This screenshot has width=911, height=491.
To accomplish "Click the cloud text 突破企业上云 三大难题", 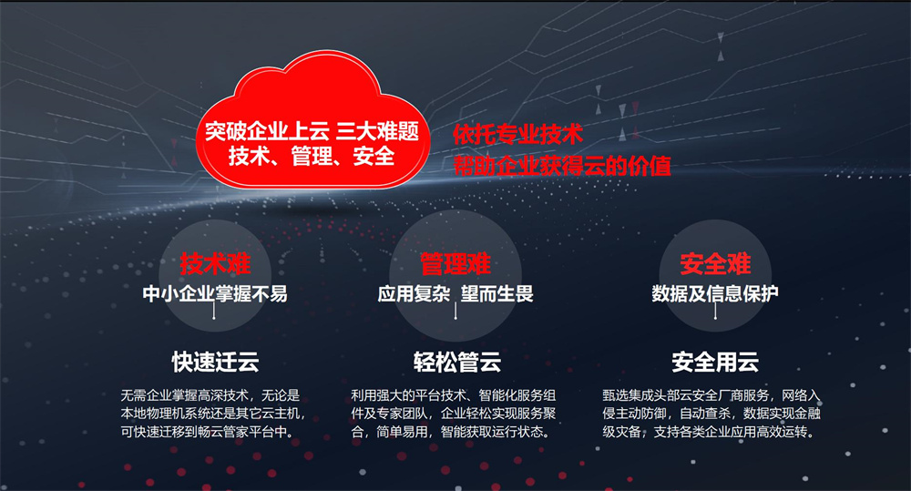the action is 312,132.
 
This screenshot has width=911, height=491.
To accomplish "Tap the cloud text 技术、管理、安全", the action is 312,156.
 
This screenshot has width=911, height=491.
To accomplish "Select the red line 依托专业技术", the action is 517,134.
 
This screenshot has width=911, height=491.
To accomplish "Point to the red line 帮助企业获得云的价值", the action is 562,166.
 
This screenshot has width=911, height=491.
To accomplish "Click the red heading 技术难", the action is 215,264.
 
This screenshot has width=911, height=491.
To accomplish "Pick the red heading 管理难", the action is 455,264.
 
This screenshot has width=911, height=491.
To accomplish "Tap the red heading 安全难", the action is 715,264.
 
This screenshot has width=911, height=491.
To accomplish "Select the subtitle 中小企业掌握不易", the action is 215,293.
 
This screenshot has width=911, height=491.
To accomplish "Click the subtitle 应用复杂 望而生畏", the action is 455,293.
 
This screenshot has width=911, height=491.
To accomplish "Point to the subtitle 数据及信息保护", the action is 715,293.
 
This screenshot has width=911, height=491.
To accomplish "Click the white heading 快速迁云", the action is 215,362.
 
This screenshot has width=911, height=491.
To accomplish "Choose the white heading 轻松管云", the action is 456,362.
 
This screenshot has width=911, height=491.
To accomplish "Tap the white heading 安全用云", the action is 715,362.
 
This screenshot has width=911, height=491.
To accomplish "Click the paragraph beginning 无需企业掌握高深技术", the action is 213,414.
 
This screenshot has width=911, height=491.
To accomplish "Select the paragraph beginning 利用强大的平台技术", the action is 453,414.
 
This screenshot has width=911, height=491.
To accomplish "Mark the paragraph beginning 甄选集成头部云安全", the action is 711,414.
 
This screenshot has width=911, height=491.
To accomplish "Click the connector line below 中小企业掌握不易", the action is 214,312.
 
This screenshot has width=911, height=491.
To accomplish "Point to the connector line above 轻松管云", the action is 455,312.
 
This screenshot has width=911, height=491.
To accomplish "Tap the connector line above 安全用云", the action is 715,312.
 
